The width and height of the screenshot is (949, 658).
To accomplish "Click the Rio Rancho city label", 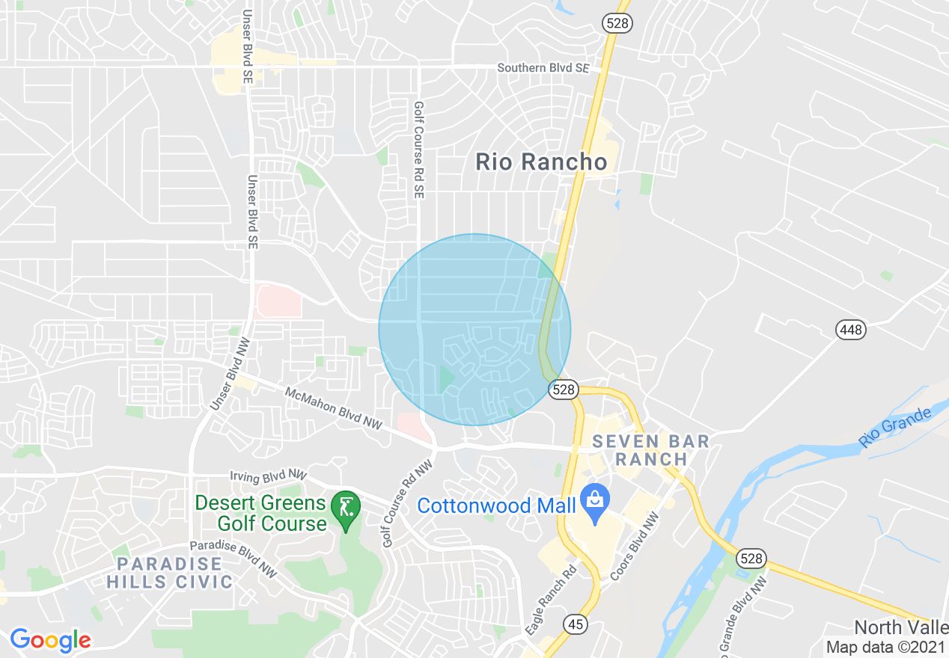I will click(x=542, y=162).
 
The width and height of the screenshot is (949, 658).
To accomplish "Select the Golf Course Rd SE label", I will click(x=418, y=150).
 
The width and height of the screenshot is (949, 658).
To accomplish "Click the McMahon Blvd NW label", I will click(x=334, y=409).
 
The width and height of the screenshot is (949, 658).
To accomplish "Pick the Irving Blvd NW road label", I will click(x=268, y=476).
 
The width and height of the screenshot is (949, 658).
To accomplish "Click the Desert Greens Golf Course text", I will click(x=261, y=513).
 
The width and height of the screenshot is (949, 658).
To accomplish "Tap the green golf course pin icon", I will click(x=346, y=508).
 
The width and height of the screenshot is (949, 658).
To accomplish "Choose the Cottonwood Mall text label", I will click(x=496, y=505).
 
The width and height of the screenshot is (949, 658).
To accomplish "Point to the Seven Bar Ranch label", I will click(x=650, y=450).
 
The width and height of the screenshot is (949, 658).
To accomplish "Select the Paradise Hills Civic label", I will click(x=169, y=572).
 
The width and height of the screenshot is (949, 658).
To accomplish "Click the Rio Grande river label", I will click(x=895, y=427).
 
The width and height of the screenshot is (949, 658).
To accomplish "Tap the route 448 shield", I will click(x=851, y=329).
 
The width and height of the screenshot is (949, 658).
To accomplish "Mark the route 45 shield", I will click(x=575, y=625).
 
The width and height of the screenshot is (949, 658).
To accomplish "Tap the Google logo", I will click(x=50, y=640).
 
